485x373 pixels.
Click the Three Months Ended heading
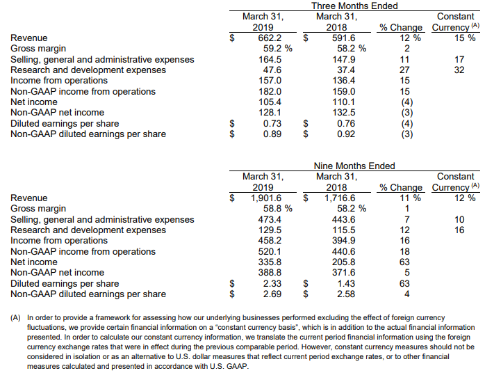354,6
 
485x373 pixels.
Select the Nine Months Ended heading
354,166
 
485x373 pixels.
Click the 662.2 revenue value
270,38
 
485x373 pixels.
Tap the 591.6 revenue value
344,38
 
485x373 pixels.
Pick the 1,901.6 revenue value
266,198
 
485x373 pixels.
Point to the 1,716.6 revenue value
340,198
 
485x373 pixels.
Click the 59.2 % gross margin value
278,48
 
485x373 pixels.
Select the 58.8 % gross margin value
278,209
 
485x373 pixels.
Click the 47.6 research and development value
272,70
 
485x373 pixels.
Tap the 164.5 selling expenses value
270,59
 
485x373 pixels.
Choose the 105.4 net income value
270,102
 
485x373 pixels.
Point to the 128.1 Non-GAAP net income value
270,113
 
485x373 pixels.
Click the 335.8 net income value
270,262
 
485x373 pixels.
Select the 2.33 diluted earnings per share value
272,283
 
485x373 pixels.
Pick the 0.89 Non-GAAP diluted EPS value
272,134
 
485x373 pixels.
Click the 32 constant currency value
459,70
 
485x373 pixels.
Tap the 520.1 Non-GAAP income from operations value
270,251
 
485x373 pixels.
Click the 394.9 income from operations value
344,240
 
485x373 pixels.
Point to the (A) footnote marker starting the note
15,318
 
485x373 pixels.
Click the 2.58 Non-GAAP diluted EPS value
346,294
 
